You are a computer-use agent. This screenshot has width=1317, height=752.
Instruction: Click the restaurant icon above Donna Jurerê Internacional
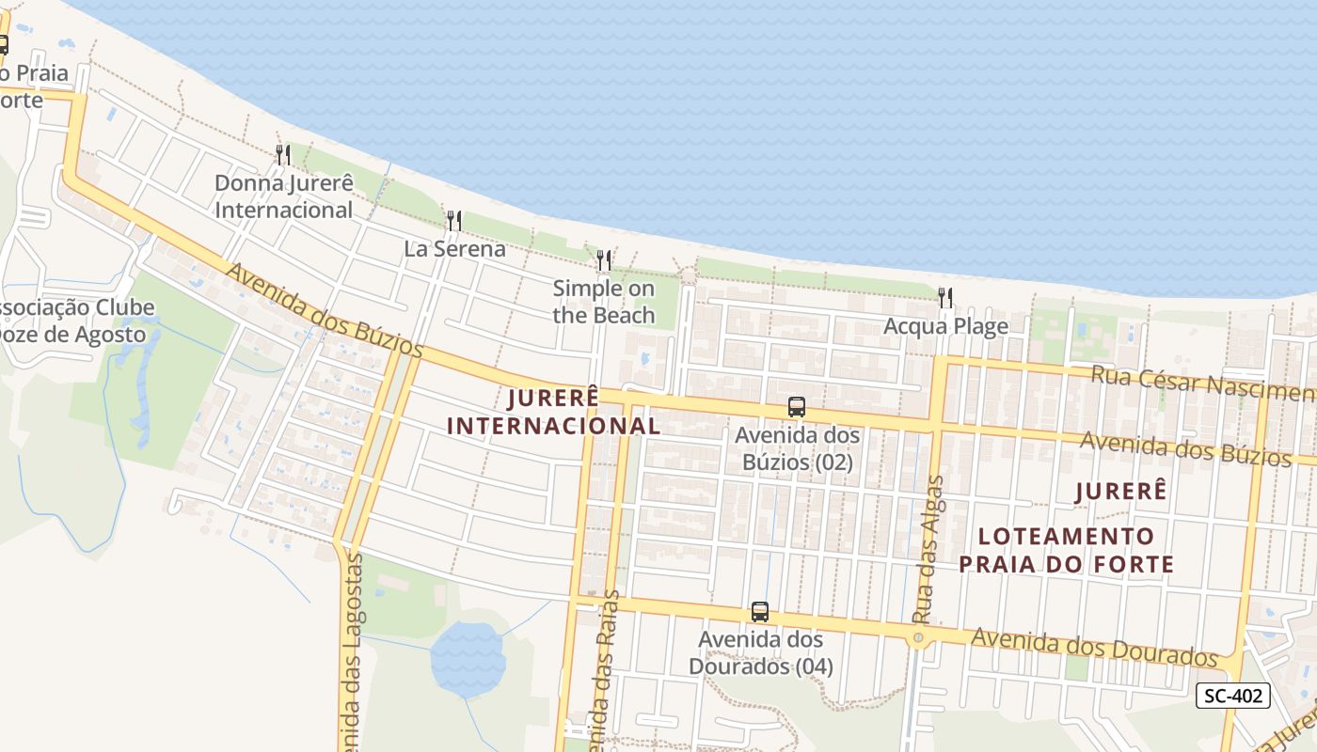(x=282, y=154)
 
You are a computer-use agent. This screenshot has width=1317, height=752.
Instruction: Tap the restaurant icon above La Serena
(x=454, y=221)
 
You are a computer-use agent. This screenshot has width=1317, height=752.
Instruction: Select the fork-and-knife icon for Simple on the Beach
(x=604, y=259)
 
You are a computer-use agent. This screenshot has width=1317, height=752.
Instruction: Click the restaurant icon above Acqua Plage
(x=945, y=298)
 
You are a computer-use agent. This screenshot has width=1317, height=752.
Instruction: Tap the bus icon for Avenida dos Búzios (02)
(x=797, y=407)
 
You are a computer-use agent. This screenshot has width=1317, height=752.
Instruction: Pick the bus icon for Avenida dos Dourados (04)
(x=760, y=612)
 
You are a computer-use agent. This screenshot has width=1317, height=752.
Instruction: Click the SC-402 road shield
(x=1233, y=696)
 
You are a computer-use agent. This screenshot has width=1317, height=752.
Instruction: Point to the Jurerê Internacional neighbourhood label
(x=553, y=412)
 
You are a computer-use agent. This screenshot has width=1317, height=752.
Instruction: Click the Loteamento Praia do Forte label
(x=1076, y=550)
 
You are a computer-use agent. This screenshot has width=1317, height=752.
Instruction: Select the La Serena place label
(x=454, y=249)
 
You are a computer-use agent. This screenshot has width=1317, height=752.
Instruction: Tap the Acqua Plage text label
(x=945, y=326)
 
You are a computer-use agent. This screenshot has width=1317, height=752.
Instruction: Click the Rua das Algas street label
(x=928, y=550)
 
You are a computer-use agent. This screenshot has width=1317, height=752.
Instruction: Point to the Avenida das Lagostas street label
(x=352, y=658)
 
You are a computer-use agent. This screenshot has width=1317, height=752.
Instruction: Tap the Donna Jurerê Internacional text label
(x=283, y=196)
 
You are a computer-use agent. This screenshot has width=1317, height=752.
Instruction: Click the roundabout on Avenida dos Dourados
(x=918, y=637)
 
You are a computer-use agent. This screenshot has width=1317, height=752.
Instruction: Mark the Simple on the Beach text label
(x=603, y=302)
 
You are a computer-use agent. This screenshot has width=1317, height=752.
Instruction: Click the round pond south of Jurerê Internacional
(x=468, y=658)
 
